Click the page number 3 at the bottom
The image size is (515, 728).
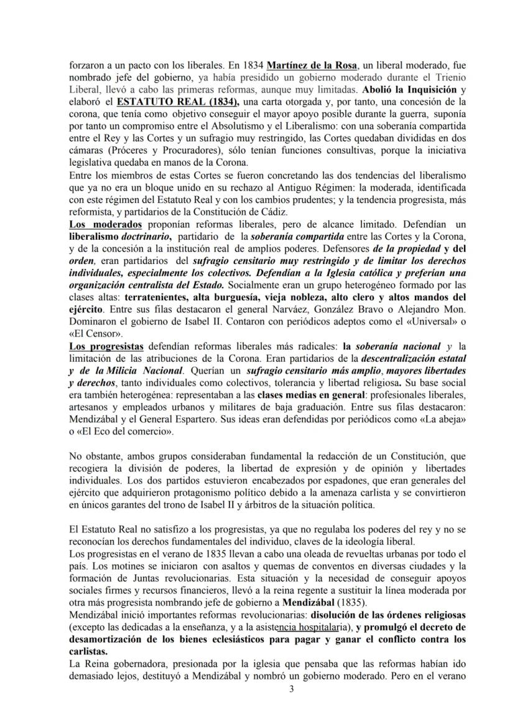(257, 689)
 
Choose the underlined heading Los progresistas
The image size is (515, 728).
(109, 346)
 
